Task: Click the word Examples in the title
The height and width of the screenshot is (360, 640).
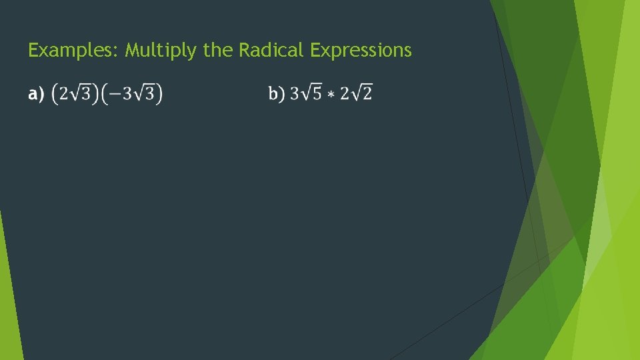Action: click(73, 51)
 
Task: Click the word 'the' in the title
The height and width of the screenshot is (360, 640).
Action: click(217, 50)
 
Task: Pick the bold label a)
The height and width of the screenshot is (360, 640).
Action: click(36, 94)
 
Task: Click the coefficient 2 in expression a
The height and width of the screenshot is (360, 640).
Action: click(63, 94)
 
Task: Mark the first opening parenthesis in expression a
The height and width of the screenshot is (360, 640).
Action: click(54, 94)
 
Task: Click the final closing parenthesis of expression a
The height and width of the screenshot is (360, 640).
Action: click(159, 94)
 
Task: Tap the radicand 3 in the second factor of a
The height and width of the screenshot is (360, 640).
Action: click(150, 95)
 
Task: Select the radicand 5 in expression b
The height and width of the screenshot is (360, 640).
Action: click(317, 95)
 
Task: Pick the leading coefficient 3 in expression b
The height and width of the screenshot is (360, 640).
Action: click(293, 94)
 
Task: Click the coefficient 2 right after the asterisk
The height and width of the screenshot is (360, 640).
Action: click(343, 94)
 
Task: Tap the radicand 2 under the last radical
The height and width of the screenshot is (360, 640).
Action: click(367, 95)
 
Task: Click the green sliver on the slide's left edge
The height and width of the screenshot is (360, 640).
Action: click(9, 300)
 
